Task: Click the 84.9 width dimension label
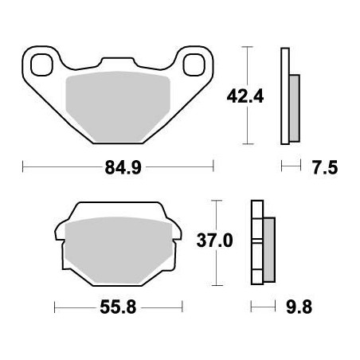pyautogui.click(x=119, y=167)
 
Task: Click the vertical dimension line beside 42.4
pyautogui.click(x=251, y=95)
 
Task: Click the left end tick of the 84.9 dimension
pyautogui.click(x=23, y=167)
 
